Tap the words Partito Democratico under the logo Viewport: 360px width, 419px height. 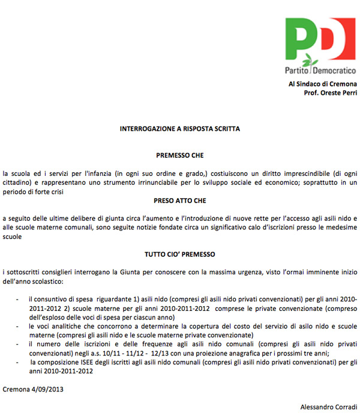point(320,70)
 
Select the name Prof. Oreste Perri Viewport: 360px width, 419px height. point(331,94)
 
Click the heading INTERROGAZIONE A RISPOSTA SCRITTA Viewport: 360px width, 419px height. point(180,128)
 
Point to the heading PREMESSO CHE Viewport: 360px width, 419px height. point(180,154)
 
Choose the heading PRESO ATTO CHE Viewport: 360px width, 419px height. point(180,200)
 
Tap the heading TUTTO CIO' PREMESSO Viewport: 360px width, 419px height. point(180,254)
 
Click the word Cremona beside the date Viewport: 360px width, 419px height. point(16,389)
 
